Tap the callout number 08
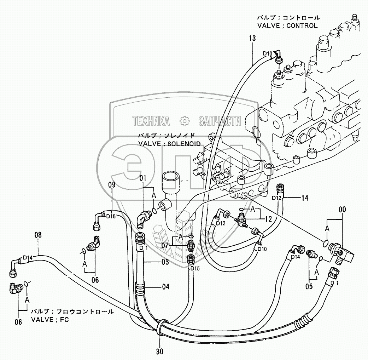(38, 234)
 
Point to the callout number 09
(112, 184)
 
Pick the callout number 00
(342, 210)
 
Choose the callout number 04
(165, 286)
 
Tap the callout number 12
(268, 219)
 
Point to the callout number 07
(165, 245)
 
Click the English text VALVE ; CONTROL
(287, 25)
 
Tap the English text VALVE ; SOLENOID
(169, 143)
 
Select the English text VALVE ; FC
(50, 320)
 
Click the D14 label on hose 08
(28, 257)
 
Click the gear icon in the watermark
(184, 121)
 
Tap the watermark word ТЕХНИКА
(151, 121)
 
